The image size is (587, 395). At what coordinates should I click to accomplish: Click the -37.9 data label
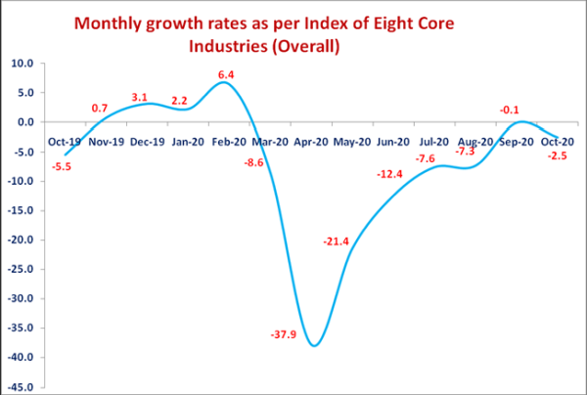[285, 334]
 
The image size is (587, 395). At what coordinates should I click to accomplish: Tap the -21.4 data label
[338, 241]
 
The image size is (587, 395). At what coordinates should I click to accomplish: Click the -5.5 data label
[62, 167]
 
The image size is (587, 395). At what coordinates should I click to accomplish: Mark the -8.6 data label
[252, 161]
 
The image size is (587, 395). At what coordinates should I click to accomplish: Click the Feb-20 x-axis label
[227, 142]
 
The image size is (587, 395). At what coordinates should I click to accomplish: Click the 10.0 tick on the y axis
[22, 64]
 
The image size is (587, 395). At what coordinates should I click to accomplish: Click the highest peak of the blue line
[224, 82]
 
